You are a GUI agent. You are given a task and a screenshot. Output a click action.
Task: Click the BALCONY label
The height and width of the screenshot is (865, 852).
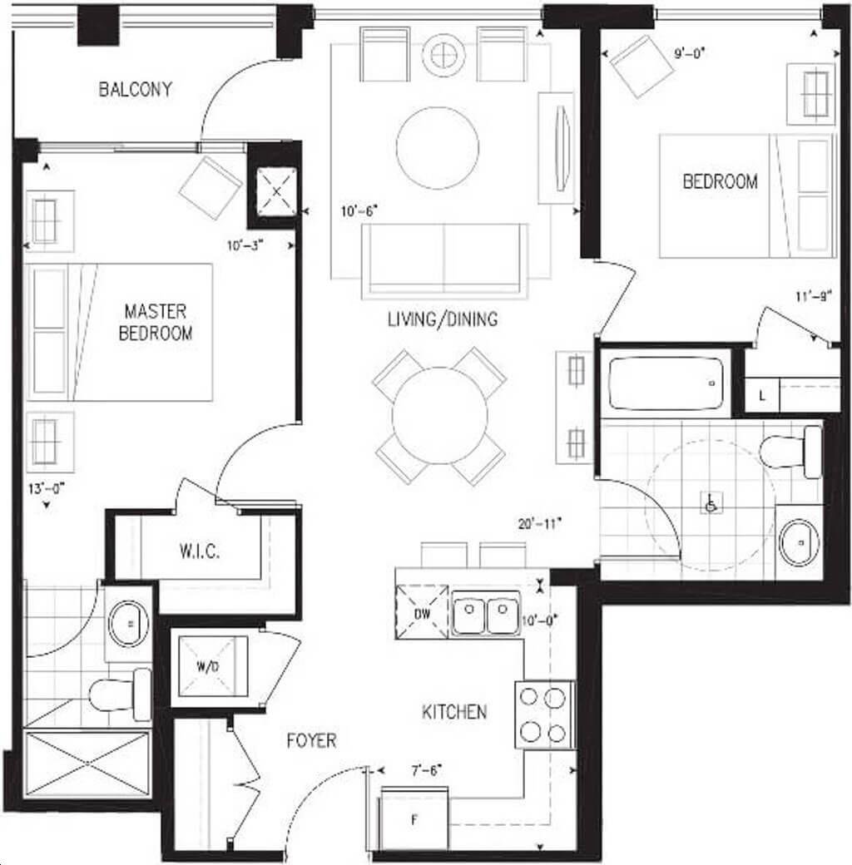click(135, 89)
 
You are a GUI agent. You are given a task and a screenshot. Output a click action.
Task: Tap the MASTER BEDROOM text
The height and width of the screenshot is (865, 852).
click(156, 322)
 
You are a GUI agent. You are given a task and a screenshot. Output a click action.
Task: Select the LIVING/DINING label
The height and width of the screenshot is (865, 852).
click(443, 319)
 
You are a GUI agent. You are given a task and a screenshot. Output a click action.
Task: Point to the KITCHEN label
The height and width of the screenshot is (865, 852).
click(454, 712)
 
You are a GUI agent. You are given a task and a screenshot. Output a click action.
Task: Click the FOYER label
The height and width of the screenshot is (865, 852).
click(312, 740)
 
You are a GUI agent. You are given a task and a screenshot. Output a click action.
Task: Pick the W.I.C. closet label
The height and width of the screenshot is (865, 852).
click(200, 551)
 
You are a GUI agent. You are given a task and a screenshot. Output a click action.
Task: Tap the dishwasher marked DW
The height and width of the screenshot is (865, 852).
click(422, 612)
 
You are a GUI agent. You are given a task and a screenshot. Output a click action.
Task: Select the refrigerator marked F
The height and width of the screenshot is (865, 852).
click(414, 820)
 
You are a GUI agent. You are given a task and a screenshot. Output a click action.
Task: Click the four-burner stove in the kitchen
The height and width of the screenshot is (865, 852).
click(543, 715)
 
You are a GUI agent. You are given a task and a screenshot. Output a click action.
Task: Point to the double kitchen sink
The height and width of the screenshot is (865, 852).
click(486, 612)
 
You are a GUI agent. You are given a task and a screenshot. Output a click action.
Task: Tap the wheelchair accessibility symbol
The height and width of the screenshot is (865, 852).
click(711, 502)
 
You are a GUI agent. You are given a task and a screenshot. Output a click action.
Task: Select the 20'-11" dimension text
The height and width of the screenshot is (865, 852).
click(540, 524)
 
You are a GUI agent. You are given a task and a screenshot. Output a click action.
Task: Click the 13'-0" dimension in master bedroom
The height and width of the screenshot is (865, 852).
click(47, 488)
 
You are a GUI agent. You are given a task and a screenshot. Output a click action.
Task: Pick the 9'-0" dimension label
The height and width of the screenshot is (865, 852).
click(690, 53)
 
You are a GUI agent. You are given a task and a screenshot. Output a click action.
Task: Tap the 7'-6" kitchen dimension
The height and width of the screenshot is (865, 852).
click(427, 769)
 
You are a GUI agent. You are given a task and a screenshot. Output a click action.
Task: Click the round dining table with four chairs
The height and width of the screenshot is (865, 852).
click(440, 416)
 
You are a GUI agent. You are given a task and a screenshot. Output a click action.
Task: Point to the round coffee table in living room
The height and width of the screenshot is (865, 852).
click(438, 148)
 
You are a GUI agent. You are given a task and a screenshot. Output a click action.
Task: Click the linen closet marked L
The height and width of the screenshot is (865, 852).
click(762, 395)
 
